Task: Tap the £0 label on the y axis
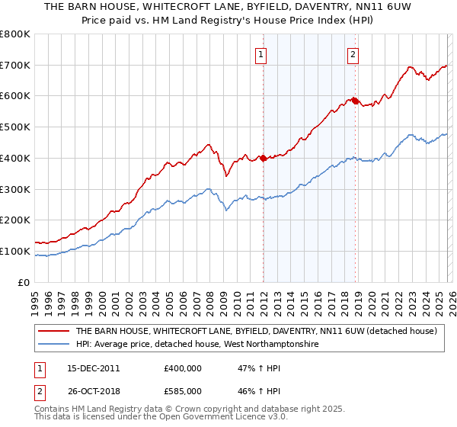23,282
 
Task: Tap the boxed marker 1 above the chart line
261,54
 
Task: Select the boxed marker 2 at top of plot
353,54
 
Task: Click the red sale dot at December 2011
263,158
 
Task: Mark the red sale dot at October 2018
355,101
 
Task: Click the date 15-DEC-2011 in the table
94,368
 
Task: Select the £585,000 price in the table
183,390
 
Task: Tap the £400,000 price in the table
183,368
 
